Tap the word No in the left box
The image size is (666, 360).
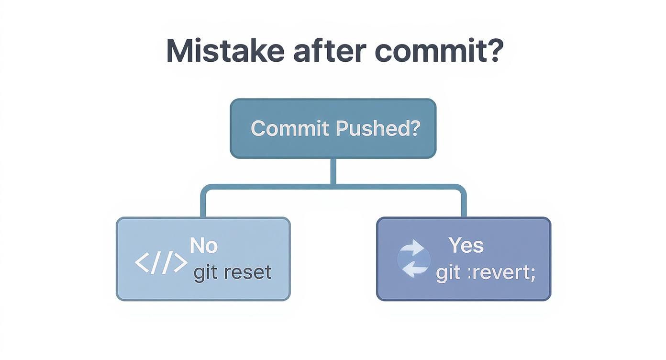[x=203, y=246]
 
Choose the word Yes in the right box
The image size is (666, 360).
[x=466, y=246]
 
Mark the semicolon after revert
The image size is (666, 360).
[x=533, y=274]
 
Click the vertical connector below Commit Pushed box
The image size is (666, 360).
[x=333, y=171]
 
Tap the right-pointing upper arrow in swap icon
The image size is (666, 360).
[x=414, y=249]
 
